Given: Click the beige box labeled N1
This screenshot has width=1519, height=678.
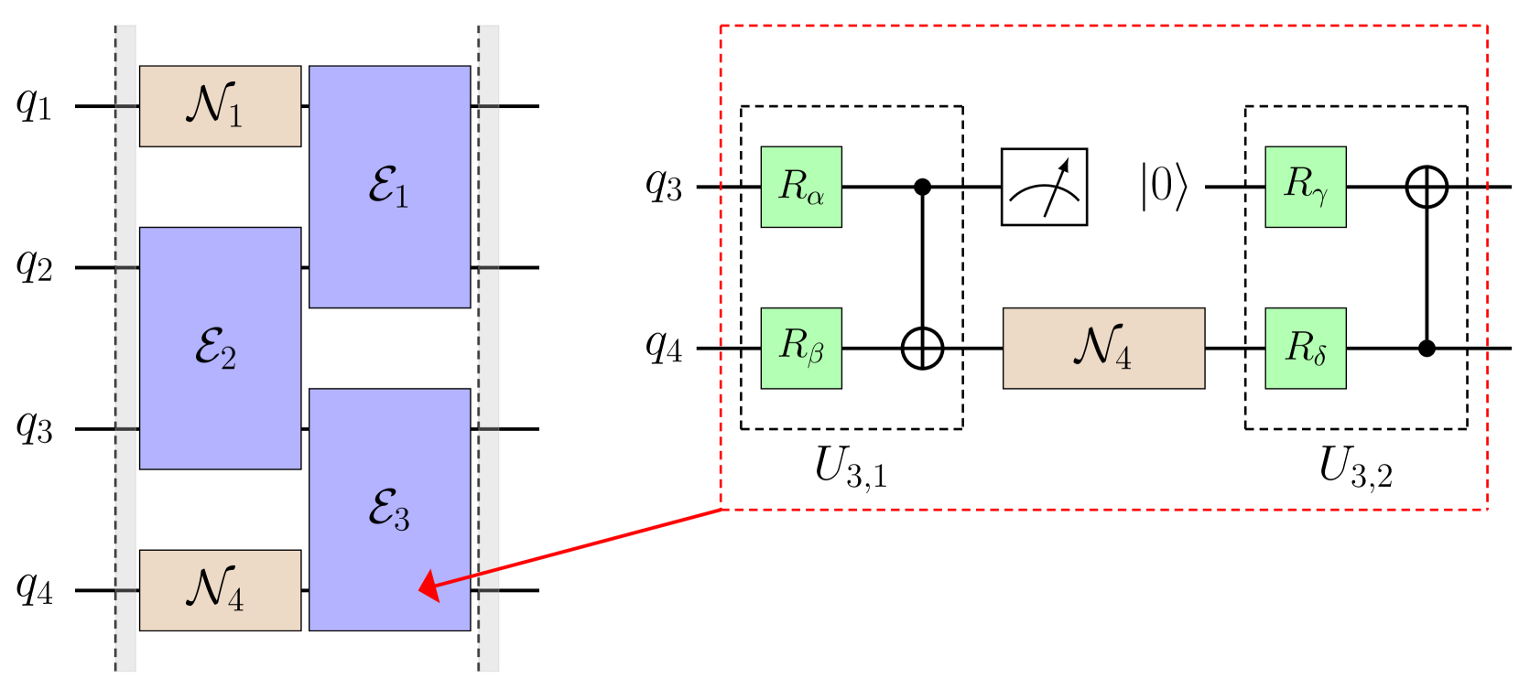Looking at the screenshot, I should [x=220, y=105].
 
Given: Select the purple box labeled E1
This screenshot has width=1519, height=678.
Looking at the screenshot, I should [x=389, y=187].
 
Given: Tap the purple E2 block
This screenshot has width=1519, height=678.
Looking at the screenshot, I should [x=220, y=348].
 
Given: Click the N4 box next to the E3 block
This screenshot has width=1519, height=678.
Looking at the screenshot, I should [x=220, y=590].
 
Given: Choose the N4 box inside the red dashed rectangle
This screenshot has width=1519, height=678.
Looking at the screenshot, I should [x=1103, y=349].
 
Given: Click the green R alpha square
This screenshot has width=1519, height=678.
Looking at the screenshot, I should [x=801, y=187].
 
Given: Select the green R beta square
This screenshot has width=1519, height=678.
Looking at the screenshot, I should [x=801, y=349].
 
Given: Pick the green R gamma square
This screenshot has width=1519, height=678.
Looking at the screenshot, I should [x=1306, y=187].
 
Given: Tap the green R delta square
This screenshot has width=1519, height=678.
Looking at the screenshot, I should [x=1306, y=349].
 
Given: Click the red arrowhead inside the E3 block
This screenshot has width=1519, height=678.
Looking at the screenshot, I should [x=429, y=587].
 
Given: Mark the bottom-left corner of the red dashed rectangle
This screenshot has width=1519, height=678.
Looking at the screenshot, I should [x=722, y=509].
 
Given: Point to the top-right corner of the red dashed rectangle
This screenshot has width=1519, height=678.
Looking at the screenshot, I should [x=1487, y=26].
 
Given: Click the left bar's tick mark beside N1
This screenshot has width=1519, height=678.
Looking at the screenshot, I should [x=125, y=106].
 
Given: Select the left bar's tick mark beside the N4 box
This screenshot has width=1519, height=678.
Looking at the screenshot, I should [x=125, y=591].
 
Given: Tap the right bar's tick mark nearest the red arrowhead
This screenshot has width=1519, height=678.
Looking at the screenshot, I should [x=490, y=591].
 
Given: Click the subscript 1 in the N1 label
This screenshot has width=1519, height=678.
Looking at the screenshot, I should [x=236, y=116].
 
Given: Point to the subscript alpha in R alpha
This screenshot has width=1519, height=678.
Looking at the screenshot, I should [x=816, y=196].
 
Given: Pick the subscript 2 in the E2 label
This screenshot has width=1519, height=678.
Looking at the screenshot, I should [x=229, y=359].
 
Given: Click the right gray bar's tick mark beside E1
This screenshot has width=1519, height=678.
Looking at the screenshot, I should [x=490, y=106].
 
